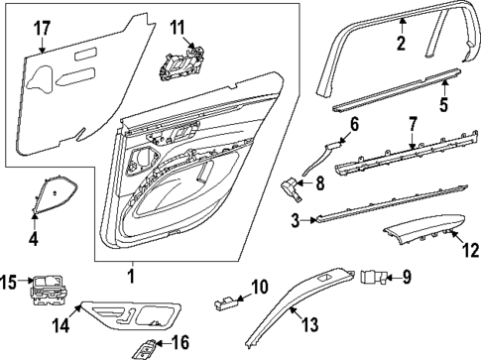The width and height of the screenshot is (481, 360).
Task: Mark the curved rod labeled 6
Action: click(319, 160)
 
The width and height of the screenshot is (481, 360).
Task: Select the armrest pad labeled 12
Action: click(421, 236)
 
